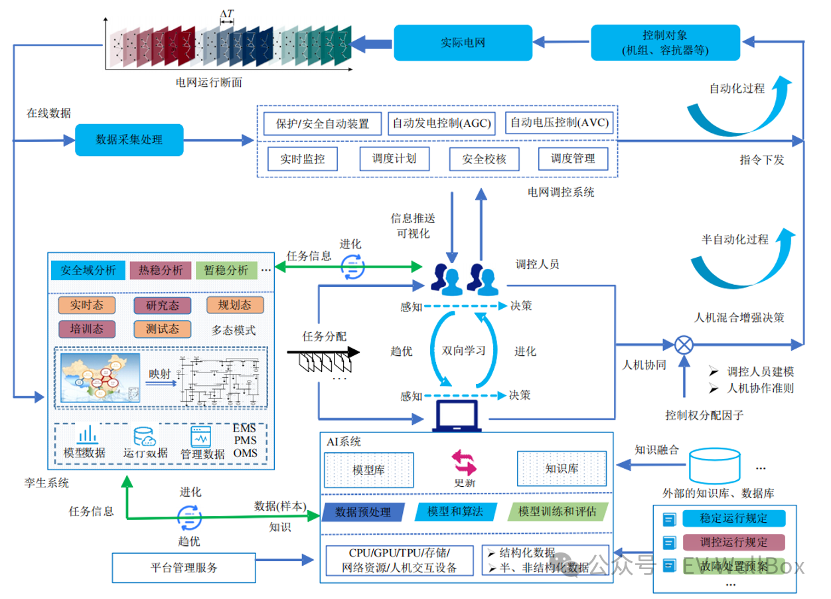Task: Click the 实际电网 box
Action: tap(463, 43)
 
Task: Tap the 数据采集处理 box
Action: tap(129, 139)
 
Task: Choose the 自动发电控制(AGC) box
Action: tap(441, 124)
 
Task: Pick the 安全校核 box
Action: tap(484, 159)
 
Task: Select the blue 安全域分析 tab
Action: tap(88, 270)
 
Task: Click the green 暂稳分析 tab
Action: tap(226, 270)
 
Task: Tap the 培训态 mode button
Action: tap(86, 329)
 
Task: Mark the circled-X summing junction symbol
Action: tap(684, 345)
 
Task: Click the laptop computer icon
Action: tap(456, 416)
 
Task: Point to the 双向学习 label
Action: tap(464, 350)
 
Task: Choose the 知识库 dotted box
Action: tap(562, 468)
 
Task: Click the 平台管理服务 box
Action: tap(184, 568)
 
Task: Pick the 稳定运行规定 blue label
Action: tap(733, 518)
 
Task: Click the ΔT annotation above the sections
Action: tap(226, 13)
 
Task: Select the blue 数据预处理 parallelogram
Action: tap(364, 512)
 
